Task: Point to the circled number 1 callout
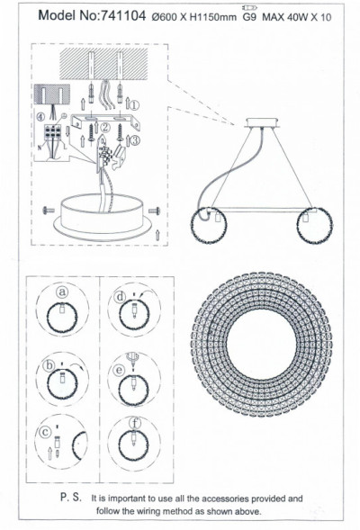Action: (x=135, y=104)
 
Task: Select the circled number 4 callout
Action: (x=40, y=115)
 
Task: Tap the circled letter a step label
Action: (x=62, y=292)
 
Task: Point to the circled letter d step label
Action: (x=121, y=296)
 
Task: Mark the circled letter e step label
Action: (x=119, y=369)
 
